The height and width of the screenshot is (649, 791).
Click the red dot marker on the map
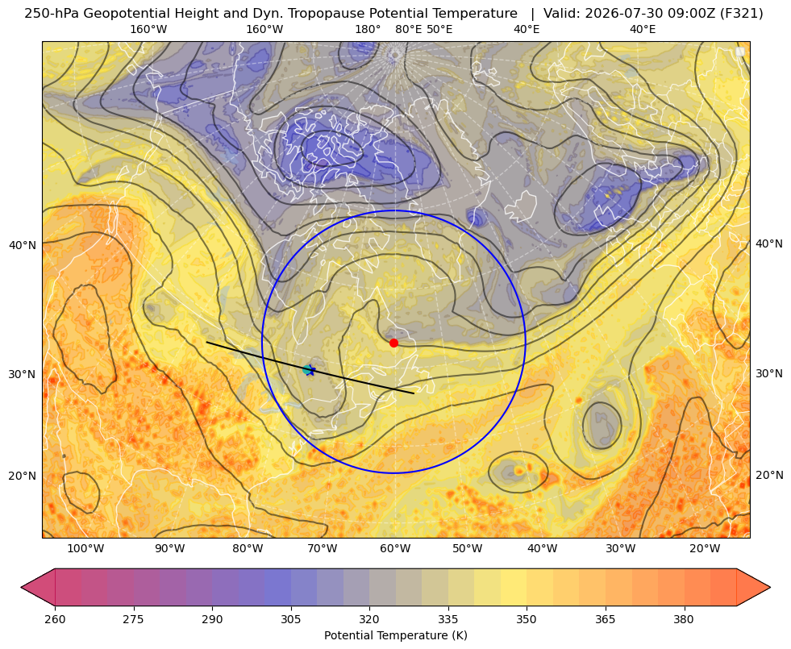pos(393,343)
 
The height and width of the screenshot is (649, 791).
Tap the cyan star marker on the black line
pos(308,369)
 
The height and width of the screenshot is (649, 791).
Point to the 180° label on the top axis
pos(368,29)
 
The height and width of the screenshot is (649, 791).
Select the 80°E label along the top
pos(408,29)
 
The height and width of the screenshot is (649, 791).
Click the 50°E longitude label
pos(439,29)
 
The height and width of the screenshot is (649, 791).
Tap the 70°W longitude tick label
pos(322,549)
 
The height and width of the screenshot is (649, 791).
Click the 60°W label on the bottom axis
pos(395,549)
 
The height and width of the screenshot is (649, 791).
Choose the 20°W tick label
pos(705,549)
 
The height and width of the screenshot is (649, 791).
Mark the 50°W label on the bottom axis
pos(467,549)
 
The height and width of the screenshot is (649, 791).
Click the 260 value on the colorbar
pos(55,619)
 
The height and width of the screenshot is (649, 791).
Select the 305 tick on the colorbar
pos(290,619)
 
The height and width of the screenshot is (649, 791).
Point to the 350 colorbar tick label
pos(527,619)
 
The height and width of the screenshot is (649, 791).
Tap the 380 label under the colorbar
pos(684,619)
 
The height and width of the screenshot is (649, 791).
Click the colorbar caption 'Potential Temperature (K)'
pos(395,635)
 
